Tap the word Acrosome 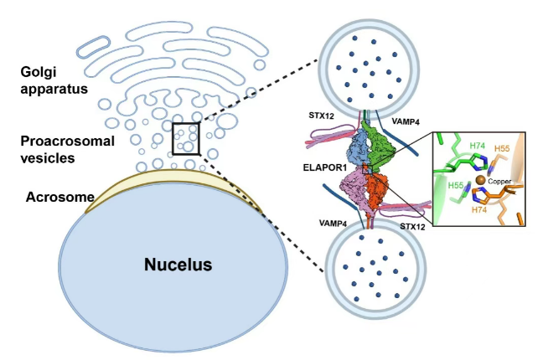point(48,198)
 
